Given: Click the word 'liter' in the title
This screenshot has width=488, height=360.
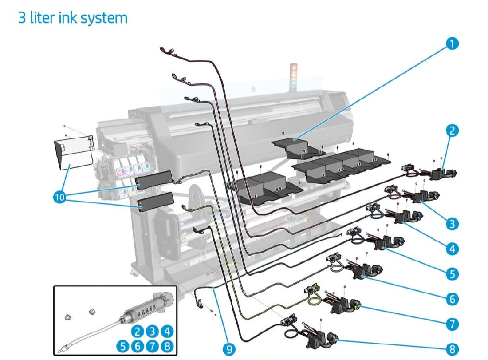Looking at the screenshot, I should click(x=45, y=18).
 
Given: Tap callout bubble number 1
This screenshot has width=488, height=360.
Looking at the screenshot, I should click(x=452, y=44).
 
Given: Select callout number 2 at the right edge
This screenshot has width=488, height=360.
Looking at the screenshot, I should click(x=452, y=131).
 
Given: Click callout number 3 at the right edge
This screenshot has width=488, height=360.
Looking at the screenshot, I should click(x=452, y=224).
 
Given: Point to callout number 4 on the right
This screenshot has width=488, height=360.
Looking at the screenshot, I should click(x=452, y=249).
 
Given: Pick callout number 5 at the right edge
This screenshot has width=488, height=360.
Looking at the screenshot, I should click(x=452, y=274).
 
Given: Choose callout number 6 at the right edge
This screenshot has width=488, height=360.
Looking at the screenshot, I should click(x=452, y=299).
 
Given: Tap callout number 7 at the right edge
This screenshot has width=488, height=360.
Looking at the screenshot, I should click(x=452, y=324).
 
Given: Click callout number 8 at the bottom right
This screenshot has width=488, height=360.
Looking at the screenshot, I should click(x=452, y=349).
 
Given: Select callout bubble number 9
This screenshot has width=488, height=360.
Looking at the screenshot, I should click(x=229, y=348).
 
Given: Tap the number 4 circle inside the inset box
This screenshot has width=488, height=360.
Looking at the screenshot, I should click(x=167, y=331).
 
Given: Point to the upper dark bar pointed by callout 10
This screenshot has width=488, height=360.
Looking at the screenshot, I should click(x=153, y=180).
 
